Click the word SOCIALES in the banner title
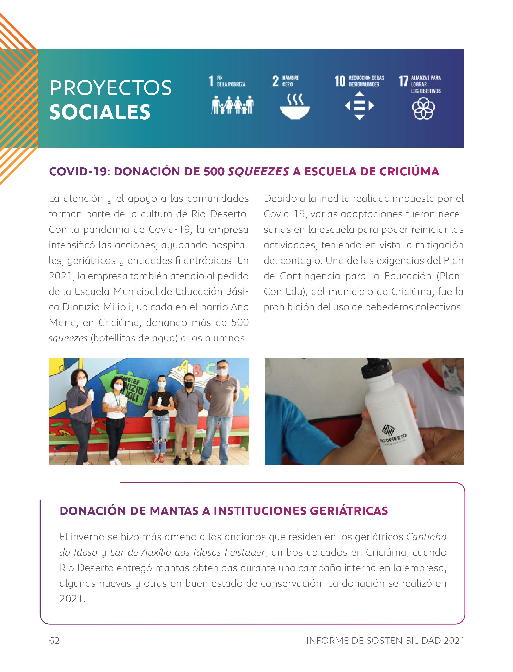[100, 112]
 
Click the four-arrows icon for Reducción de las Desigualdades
[360, 106]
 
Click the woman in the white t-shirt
[115, 412]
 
